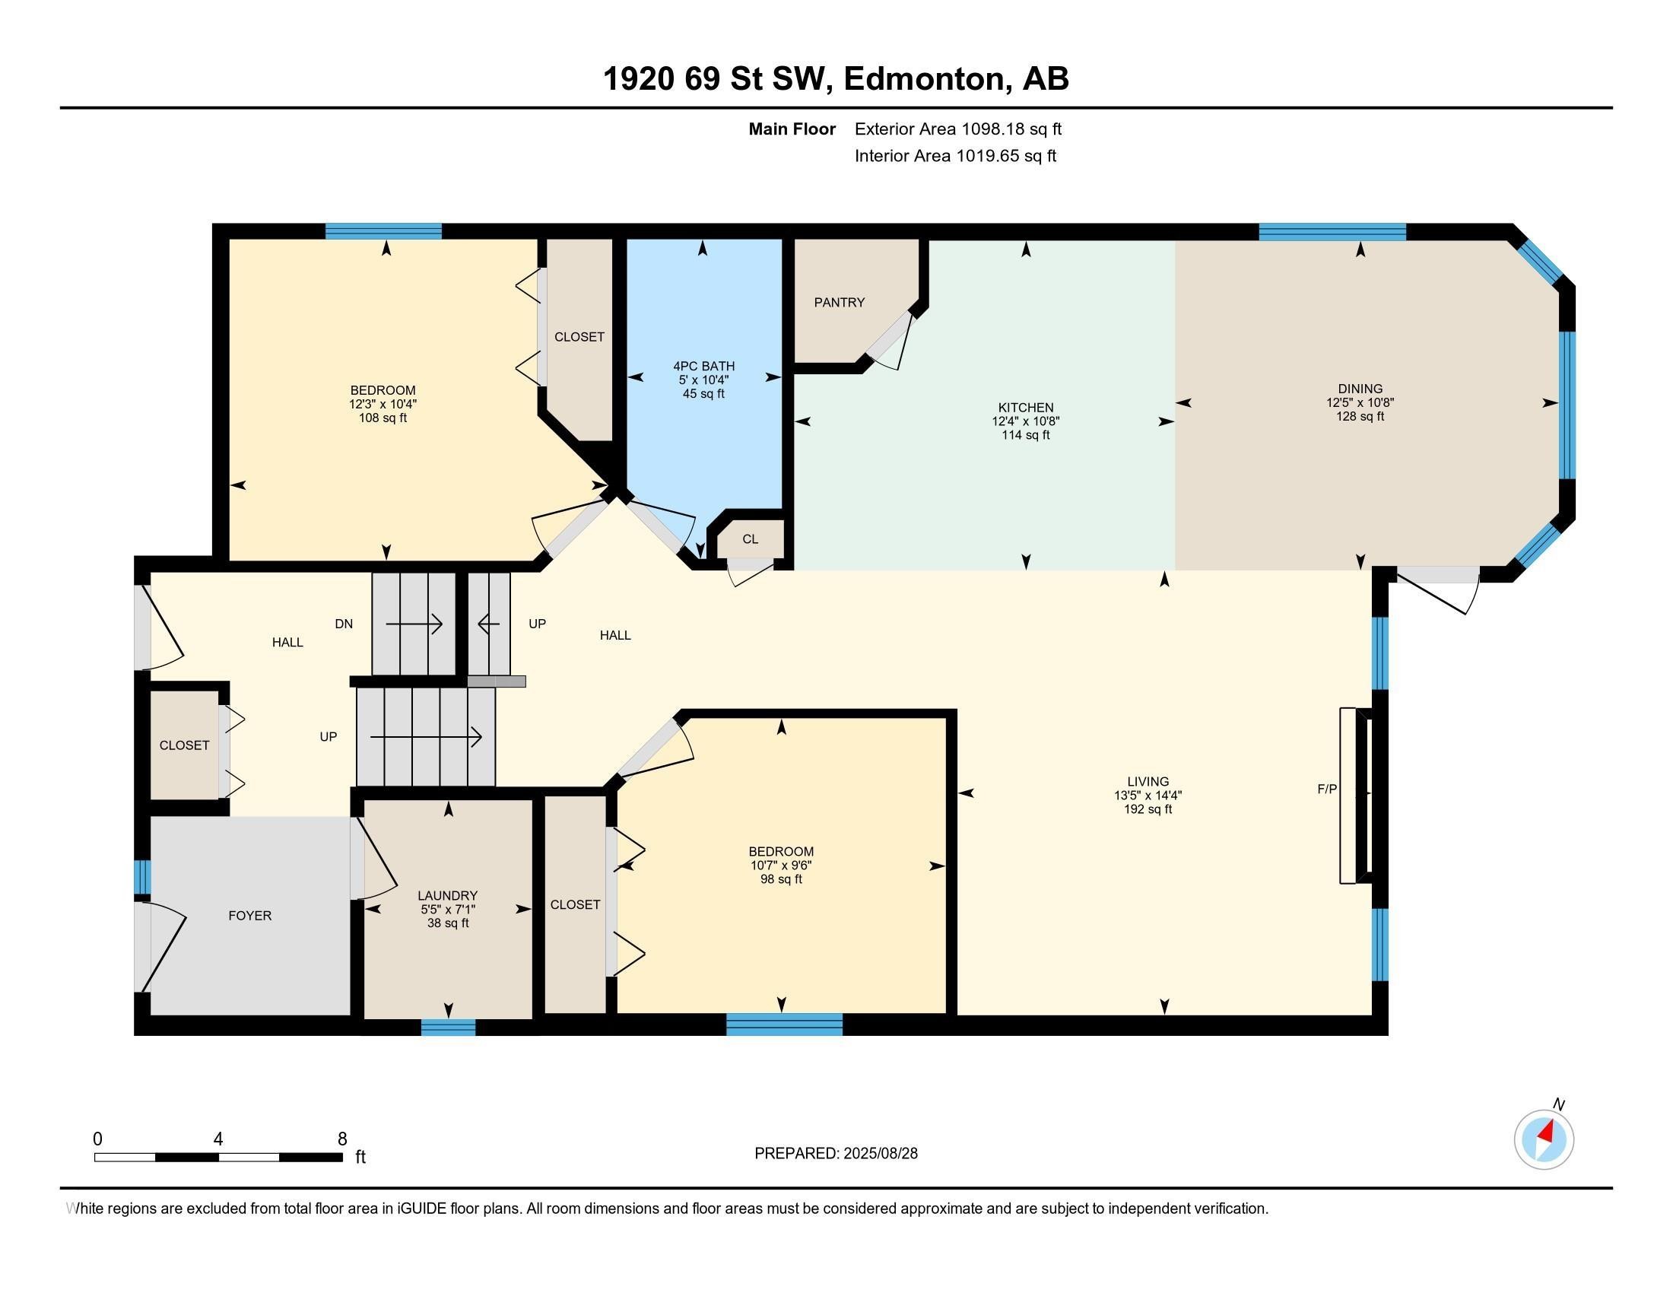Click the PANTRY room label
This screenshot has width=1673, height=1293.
pos(839,303)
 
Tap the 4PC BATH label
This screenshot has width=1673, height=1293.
pos(703,366)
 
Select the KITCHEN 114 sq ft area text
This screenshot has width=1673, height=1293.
pos(1025,435)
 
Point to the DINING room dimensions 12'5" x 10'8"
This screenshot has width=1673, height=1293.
pos(1360,402)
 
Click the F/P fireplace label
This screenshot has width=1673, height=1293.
pos(1327,789)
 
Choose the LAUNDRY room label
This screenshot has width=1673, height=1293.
pos(447,895)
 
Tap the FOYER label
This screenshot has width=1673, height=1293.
pos(249,915)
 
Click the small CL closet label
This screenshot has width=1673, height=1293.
pos(750,539)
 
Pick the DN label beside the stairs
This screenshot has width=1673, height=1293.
pos(343,624)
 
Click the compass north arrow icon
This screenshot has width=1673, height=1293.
pos(1544,1139)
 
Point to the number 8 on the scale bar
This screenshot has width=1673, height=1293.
pos(341,1139)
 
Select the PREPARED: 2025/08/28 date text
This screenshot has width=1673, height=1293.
pos(836,1154)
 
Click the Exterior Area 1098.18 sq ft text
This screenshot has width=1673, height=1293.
pos(957,129)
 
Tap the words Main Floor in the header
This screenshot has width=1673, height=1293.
pos(792,129)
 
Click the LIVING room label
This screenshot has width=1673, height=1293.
pos(1148,781)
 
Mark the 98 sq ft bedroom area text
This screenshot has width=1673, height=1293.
pos(780,879)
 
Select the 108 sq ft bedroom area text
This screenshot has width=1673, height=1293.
pos(383,418)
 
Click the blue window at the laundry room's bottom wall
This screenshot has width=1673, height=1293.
pos(448,1028)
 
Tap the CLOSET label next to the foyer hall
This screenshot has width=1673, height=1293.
pos(184,745)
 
